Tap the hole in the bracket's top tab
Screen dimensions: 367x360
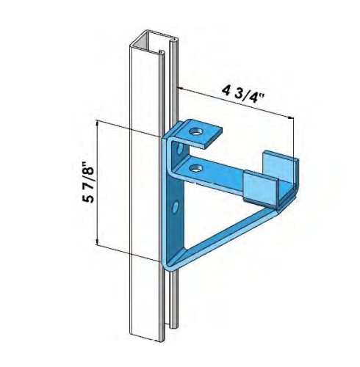(x=196, y=131)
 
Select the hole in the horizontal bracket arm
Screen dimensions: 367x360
(x=195, y=169)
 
